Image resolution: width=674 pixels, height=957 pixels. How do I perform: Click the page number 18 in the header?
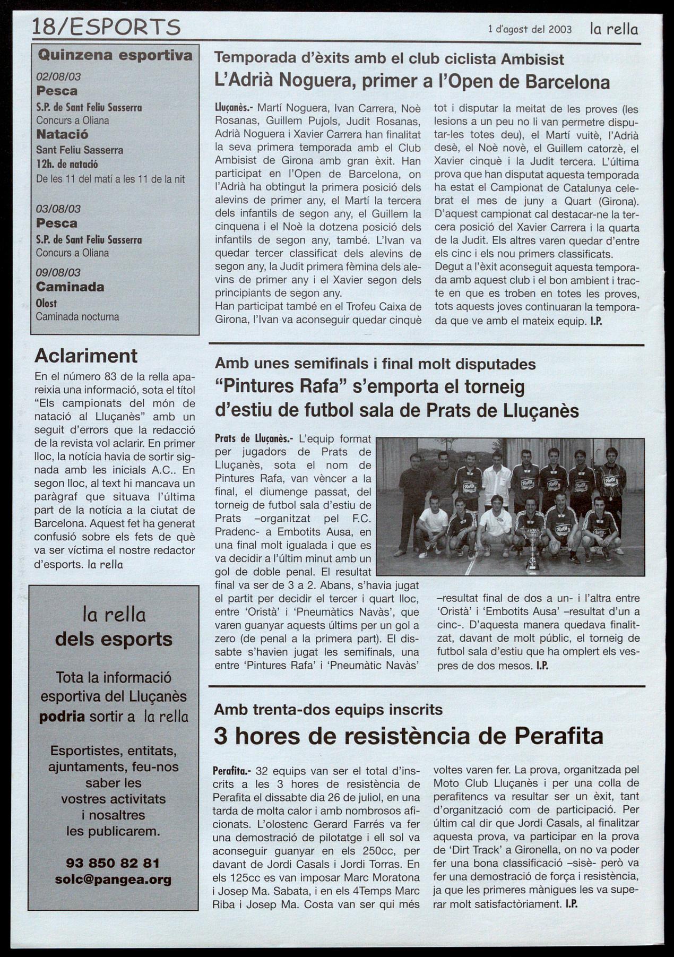pos(44,27)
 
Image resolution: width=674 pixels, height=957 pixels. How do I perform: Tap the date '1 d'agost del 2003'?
pos(530,30)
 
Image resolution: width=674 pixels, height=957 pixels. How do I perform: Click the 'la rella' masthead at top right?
pos(613,29)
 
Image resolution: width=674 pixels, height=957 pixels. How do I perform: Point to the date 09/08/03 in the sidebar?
pos(58,272)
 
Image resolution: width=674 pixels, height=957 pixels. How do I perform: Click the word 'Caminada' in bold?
pos(70,287)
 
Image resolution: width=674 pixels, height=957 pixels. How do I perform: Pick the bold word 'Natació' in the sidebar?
pos(62,134)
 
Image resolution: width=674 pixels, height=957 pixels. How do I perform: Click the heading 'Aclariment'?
pos(85,356)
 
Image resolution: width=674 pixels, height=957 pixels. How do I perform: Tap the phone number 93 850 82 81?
pos(113,863)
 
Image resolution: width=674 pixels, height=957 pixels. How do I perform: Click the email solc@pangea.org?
pos(113,880)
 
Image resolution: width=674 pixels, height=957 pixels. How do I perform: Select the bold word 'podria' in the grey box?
pos(62,717)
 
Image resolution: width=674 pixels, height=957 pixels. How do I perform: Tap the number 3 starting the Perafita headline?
pos(220,736)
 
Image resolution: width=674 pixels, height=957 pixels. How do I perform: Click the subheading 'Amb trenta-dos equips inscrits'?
pos(328,710)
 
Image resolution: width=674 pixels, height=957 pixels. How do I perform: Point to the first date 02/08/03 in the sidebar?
pos(58,76)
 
